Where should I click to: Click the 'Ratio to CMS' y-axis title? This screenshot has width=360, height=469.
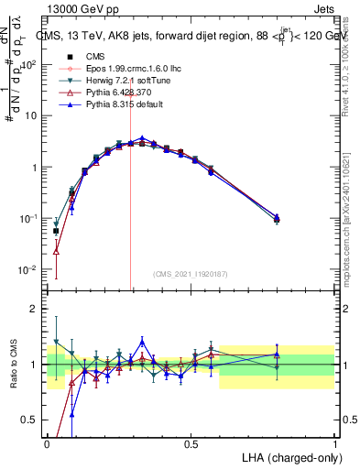(12, 364)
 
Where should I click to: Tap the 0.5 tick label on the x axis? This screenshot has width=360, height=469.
(191, 442)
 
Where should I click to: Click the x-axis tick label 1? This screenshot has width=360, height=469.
(334, 442)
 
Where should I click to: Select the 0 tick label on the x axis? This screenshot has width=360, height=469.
(48, 442)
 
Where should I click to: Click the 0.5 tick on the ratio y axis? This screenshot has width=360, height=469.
(29, 420)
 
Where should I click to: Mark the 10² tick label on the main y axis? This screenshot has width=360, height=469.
(27, 65)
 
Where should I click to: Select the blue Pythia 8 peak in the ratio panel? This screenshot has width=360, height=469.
(142, 340)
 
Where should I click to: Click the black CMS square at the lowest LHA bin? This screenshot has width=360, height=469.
(56, 232)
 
